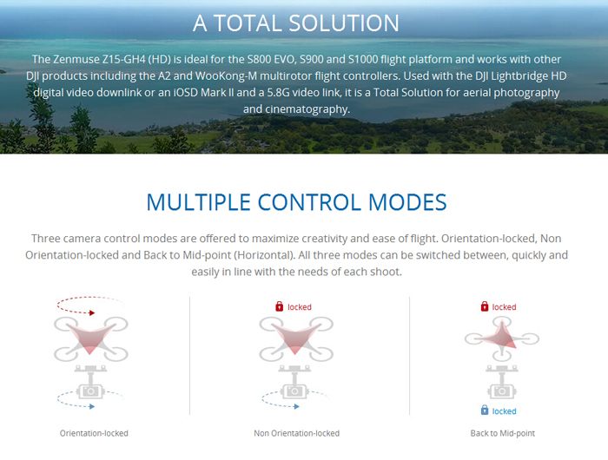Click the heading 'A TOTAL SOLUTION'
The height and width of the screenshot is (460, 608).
coord(296,23)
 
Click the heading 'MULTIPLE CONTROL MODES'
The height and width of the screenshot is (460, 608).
coord(297,202)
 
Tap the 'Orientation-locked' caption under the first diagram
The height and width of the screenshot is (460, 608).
coord(94,433)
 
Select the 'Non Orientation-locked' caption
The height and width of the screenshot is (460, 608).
coord(297,433)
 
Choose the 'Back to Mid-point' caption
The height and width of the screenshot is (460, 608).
coord(503,433)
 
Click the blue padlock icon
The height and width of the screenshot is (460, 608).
coord(485,410)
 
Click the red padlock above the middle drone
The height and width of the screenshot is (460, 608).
coord(279,306)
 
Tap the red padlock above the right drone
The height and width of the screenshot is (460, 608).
coord(485,306)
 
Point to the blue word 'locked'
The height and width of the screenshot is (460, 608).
coord(504,411)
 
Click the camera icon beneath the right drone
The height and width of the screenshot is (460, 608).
coord(502,391)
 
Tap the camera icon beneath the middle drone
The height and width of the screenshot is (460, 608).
coord(294,391)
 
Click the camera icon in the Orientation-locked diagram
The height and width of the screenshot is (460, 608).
coord(90,391)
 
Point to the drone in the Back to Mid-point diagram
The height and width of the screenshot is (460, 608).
coord(502,339)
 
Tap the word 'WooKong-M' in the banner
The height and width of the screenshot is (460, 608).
coord(226,76)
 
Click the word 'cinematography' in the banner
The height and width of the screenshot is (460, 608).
coord(307,109)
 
